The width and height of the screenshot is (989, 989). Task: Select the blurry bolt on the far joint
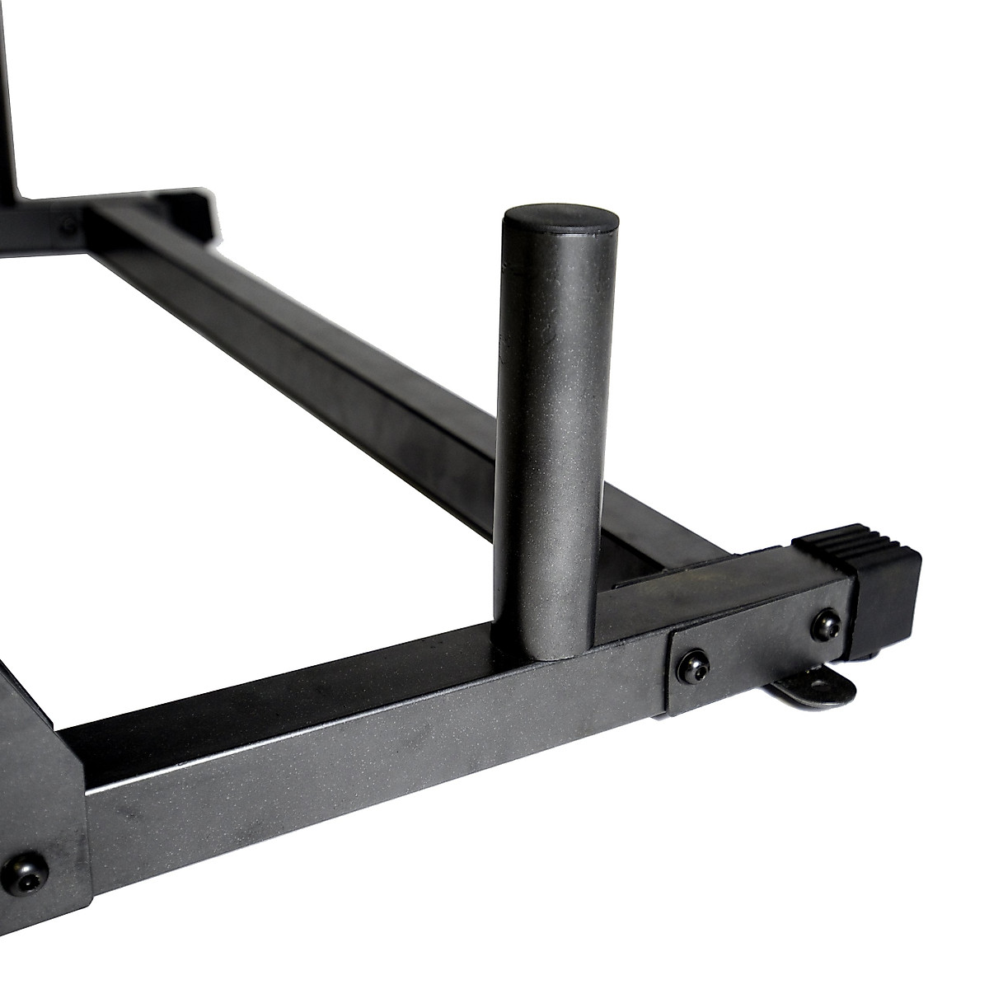[68, 224]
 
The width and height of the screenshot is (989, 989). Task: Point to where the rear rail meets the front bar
[651, 569]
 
